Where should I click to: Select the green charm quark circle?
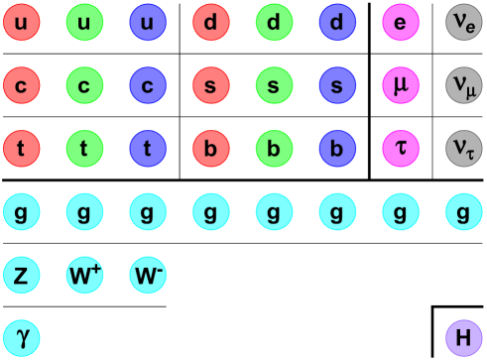(84, 85)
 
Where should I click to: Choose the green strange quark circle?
(274, 85)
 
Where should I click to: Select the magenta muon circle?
(401, 85)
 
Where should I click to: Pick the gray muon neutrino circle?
(464, 85)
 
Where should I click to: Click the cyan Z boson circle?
(21, 275)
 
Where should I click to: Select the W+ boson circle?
(84, 275)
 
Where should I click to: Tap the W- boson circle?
(148, 275)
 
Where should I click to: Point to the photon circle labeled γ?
(21, 337)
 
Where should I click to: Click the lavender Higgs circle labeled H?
(464, 337)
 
